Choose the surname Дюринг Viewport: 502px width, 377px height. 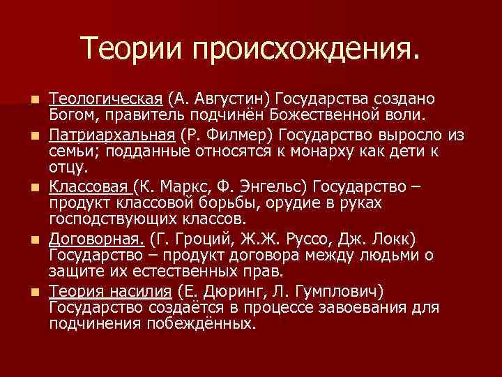(x=227, y=290)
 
